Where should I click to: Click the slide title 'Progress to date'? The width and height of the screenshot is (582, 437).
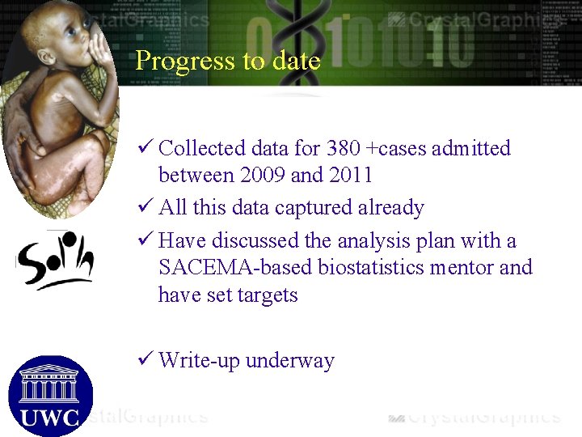pyautogui.click(x=228, y=61)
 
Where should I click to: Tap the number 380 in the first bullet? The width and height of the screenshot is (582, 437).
pyautogui.click(x=345, y=149)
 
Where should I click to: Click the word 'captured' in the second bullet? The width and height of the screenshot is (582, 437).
pyautogui.click(x=314, y=208)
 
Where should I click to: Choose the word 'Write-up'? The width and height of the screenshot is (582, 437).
pyautogui.click(x=199, y=361)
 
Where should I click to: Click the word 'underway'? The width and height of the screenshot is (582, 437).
pyautogui.click(x=289, y=361)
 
